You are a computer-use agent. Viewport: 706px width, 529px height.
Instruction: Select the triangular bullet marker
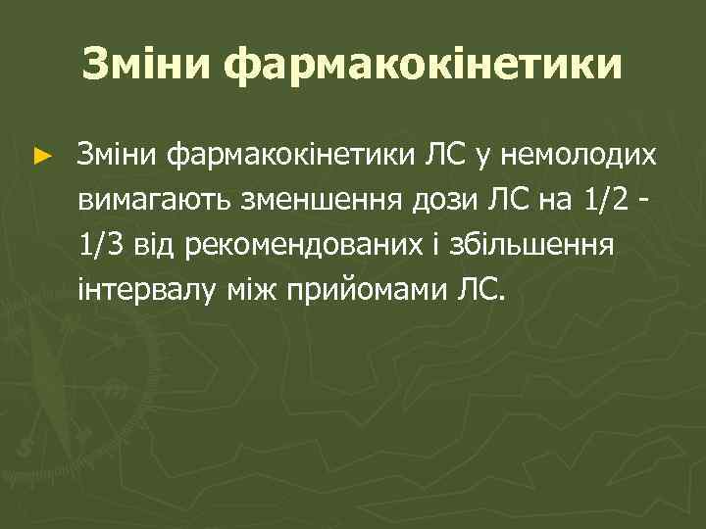[40, 155]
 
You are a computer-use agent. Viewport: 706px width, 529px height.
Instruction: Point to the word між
[246, 289]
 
